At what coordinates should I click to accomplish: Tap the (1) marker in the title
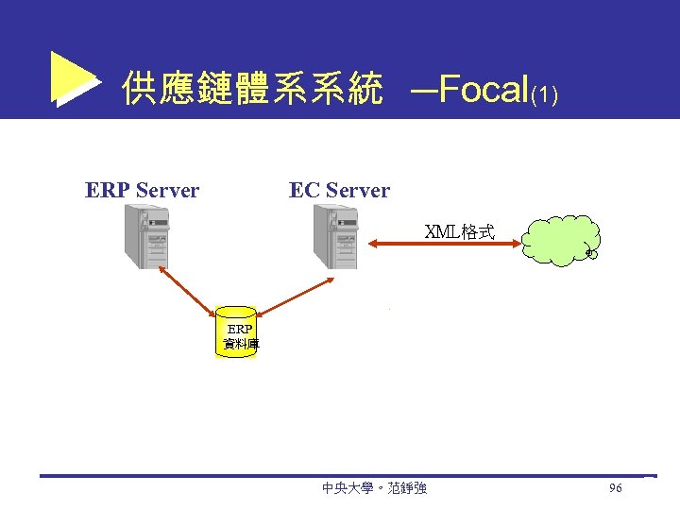(x=545, y=95)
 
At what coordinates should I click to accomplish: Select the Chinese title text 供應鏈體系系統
(x=252, y=91)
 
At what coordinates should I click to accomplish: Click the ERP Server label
(x=142, y=191)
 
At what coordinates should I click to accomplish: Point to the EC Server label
(x=339, y=191)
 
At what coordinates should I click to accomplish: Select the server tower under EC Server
(x=335, y=236)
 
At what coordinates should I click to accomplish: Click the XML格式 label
(x=460, y=231)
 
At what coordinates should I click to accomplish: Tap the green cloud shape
(x=560, y=240)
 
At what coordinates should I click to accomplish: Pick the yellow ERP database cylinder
(x=236, y=331)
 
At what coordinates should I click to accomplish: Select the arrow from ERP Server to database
(x=186, y=290)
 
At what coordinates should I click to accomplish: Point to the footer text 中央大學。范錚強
(x=374, y=488)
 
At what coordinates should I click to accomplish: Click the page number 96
(x=615, y=488)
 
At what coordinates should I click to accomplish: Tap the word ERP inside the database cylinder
(x=239, y=330)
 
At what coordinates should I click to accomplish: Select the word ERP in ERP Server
(x=108, y=191)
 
